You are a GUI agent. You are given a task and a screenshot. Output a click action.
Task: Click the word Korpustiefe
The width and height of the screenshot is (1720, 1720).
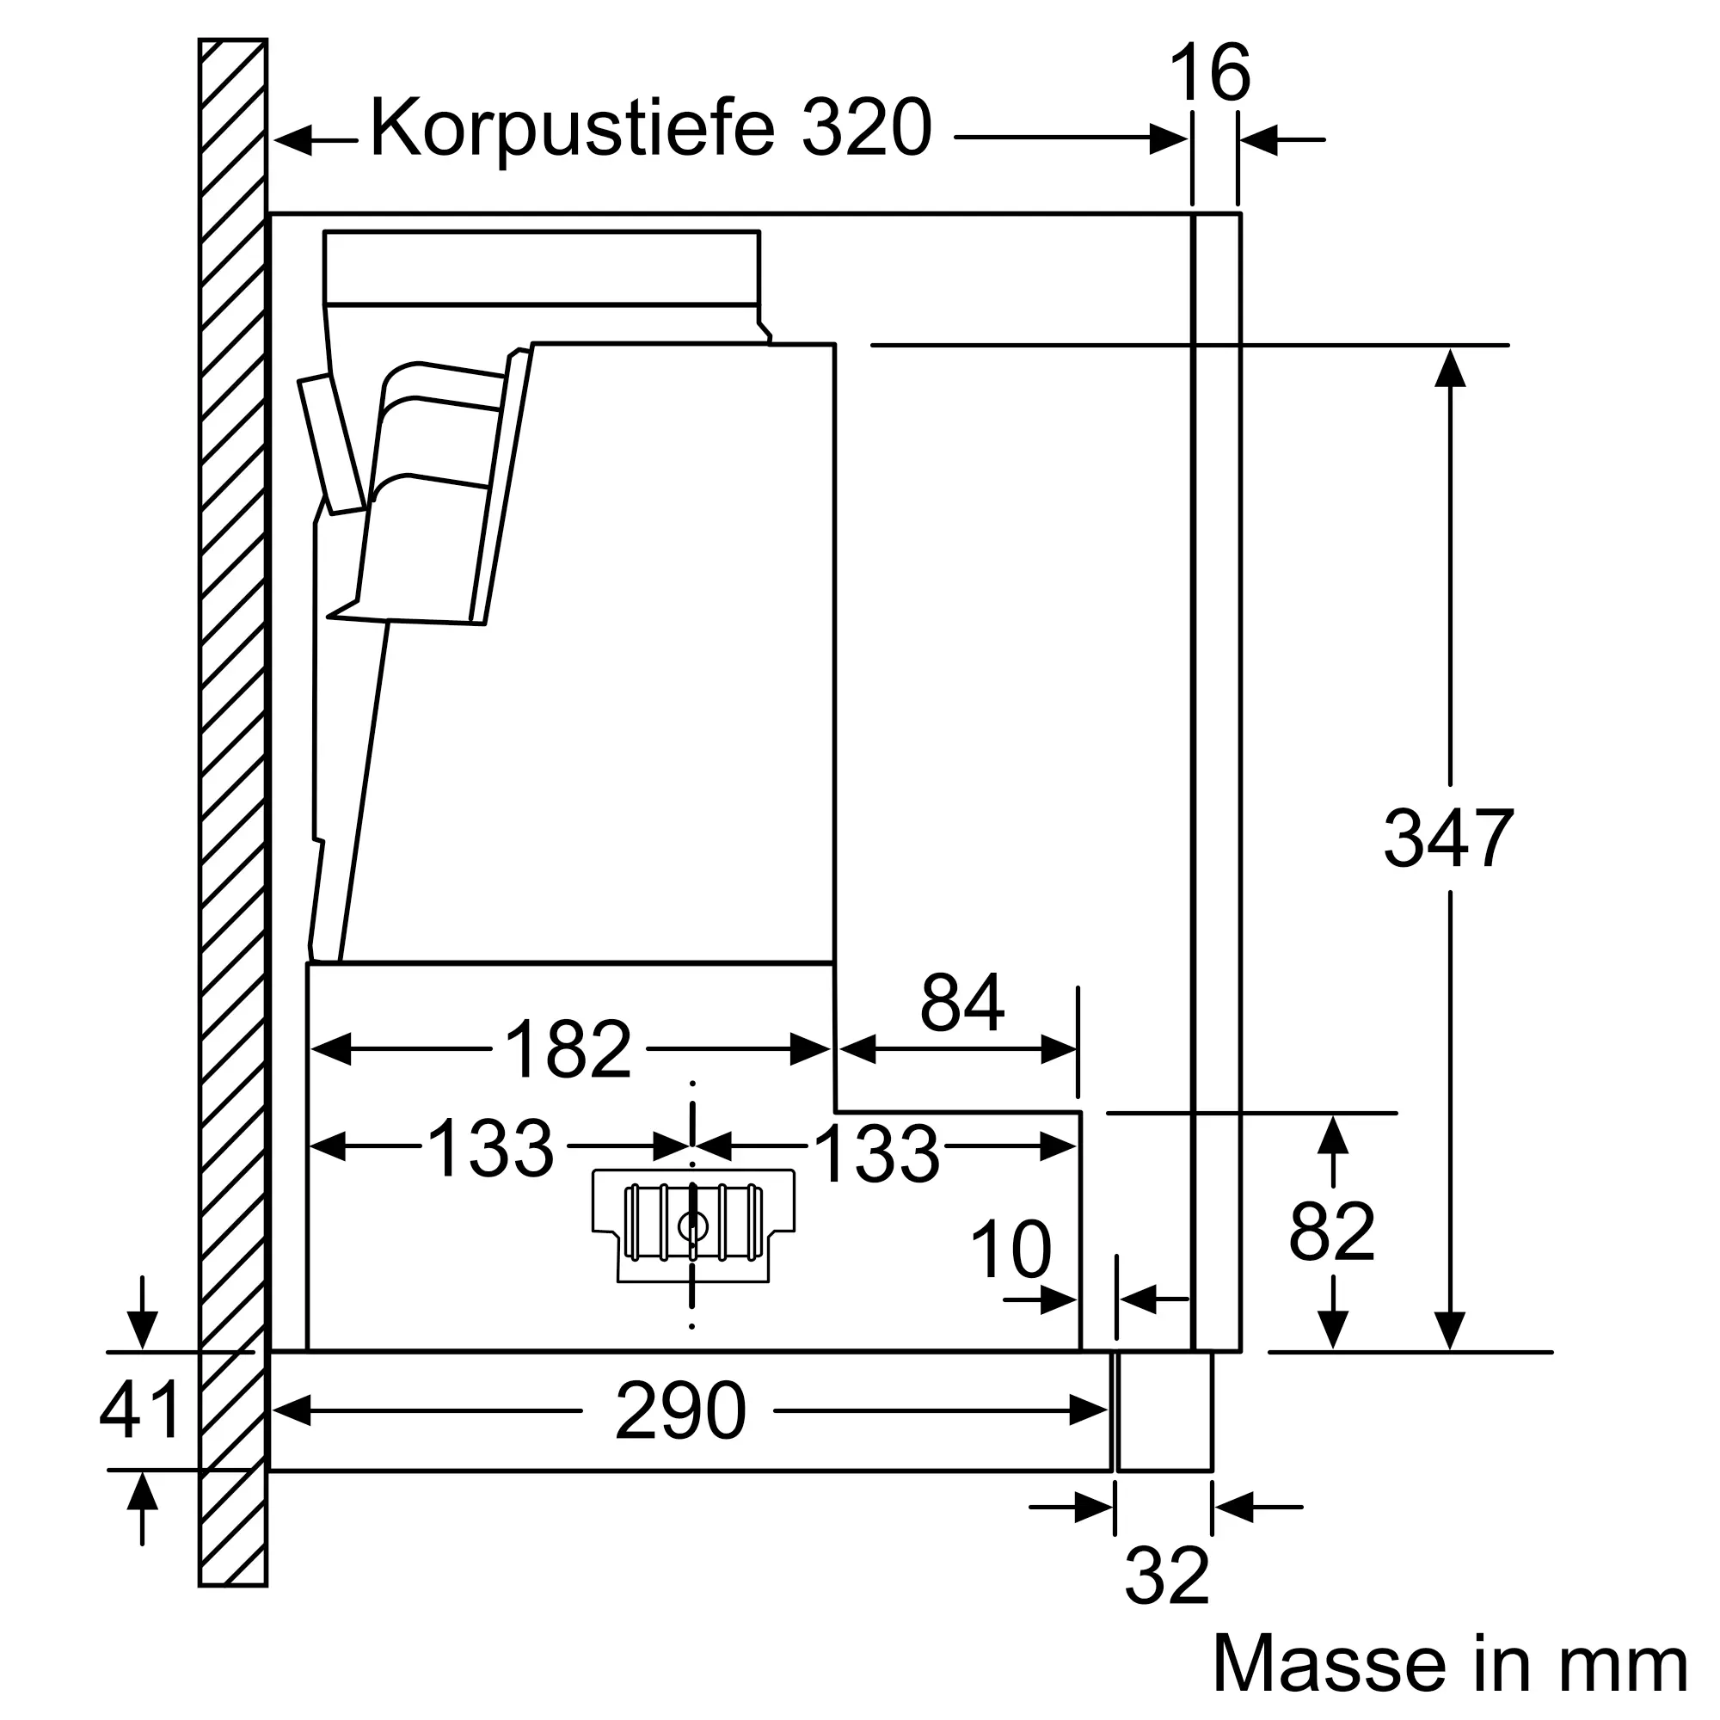pyautogui.click(x=572, y=130)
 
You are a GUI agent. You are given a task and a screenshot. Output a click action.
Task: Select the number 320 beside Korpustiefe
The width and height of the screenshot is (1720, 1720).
pyautogui.click(x=866, y=128)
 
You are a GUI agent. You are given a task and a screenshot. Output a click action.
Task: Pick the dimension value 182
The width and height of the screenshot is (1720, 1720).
pyautogui.click(x=567, y=1048)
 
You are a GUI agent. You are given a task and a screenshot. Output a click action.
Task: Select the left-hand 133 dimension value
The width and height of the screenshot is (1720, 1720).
pyautogui.click(x=490, y=1148)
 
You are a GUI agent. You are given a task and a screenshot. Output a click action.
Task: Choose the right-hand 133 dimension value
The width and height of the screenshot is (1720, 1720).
pyautogui.click(x=876, y=1155)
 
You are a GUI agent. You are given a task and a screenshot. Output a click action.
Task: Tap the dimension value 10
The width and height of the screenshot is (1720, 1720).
pyautogui.click(x=1010, y=1249)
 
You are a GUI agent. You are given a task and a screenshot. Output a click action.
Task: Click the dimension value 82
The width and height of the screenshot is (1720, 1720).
pyautogui.click(x=1332, y=1232)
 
